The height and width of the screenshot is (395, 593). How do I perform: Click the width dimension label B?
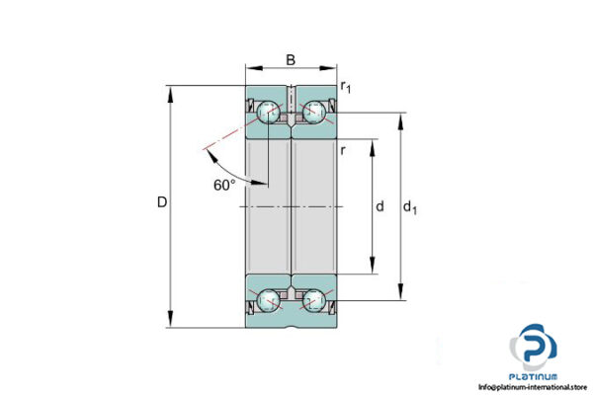291,60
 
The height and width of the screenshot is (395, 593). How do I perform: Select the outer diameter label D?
162,202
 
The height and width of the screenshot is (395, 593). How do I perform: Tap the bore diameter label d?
380,207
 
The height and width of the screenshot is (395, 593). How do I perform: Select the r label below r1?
342,150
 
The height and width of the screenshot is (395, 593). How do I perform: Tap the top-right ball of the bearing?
314,114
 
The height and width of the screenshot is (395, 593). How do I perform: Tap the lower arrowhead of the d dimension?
372,268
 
